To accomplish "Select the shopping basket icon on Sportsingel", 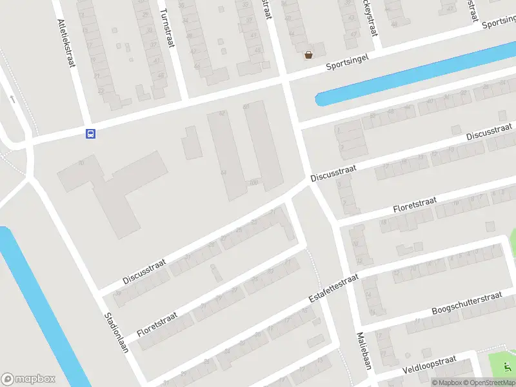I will click(309, 55).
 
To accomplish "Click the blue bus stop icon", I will click(90, 134).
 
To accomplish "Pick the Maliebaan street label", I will click(364, 351).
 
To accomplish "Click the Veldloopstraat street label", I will click(429, 365).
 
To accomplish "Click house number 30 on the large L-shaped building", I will click(81, 163).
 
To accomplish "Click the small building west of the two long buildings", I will click(192, 143).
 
